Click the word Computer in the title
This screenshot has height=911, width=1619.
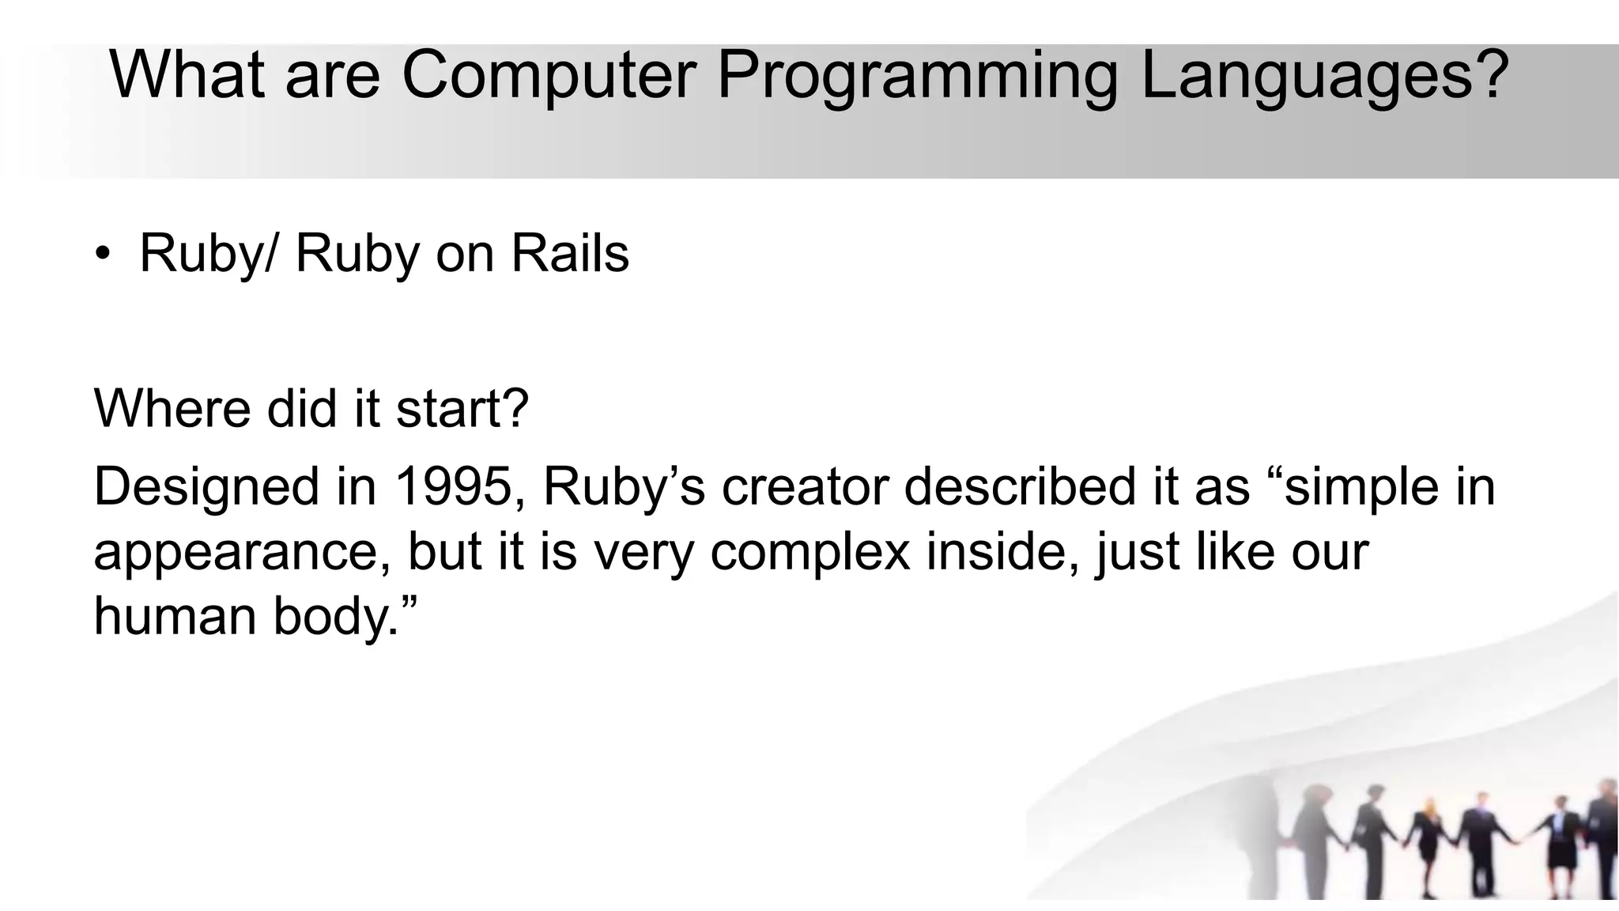tap(549, 75)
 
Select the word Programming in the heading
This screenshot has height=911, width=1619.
tap(916, 77)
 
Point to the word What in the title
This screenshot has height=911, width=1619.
tap(187, 75)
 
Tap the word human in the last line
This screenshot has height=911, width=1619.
tap(175, 615)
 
